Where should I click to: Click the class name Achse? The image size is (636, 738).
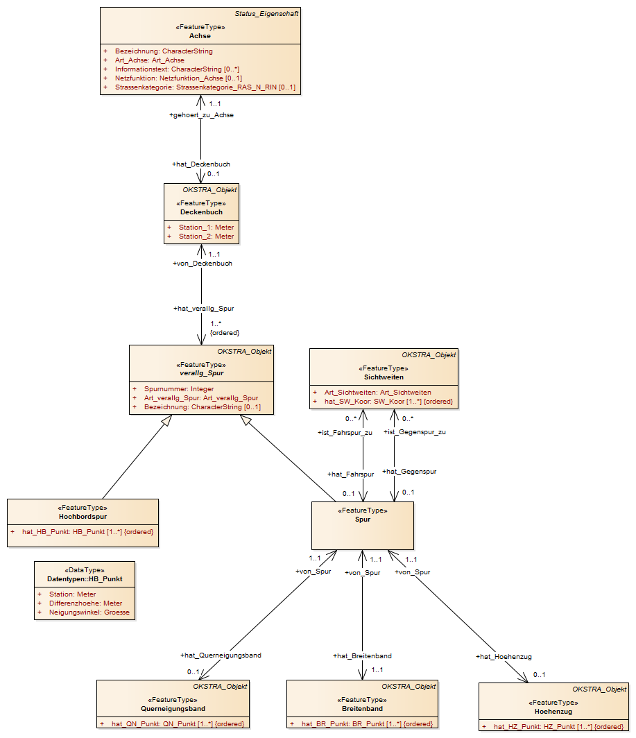pyautogui.click(x=200, y=36)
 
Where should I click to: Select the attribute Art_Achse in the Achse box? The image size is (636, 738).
pyautogui.click(x=149, y=60)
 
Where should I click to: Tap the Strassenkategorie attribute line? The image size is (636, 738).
pyautogui.click(x=205, y=87)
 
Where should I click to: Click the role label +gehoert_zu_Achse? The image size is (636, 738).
pyautogui.click(x=202, y=115)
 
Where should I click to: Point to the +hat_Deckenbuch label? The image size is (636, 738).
pyautogui.click(x=201, y=164)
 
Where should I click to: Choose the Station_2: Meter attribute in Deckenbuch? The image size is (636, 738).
pyautogui.click(x=206, y=237)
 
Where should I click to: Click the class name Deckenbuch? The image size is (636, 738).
pyautogui.click(x=202, y=212)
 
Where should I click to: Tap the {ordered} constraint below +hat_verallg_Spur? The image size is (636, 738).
pyautogui.click(x=225, y=333)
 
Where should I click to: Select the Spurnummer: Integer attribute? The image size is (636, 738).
pyautogui.click(x=179, y=388)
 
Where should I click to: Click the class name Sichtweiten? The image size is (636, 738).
pyautogui.click(x=384, y=377)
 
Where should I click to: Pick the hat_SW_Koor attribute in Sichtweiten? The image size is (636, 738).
pyautogui.click(x=388, y=402)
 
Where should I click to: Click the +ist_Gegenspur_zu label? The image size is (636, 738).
pyautogui.click(x=415, y=432)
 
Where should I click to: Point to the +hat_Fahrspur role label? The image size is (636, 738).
pyautogui.click(x=351, y=474)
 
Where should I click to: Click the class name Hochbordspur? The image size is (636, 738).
pyautogui.click(x=83, y=516)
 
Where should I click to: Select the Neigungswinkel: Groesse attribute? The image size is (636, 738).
pyautogui.click(x=89, y=612)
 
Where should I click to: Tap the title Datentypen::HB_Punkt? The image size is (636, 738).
pyautogui.click(x=85, y=579)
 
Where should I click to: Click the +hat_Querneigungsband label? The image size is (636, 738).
pyautogui.click(x=221, y=655)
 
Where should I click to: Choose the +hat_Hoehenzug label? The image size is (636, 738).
pyautogui.click(x=504, y=657)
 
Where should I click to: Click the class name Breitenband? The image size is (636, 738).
pyautogui.click(x=363, y=708)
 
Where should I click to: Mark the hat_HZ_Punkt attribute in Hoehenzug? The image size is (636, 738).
pyautogui.click(x=558, y=727)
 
